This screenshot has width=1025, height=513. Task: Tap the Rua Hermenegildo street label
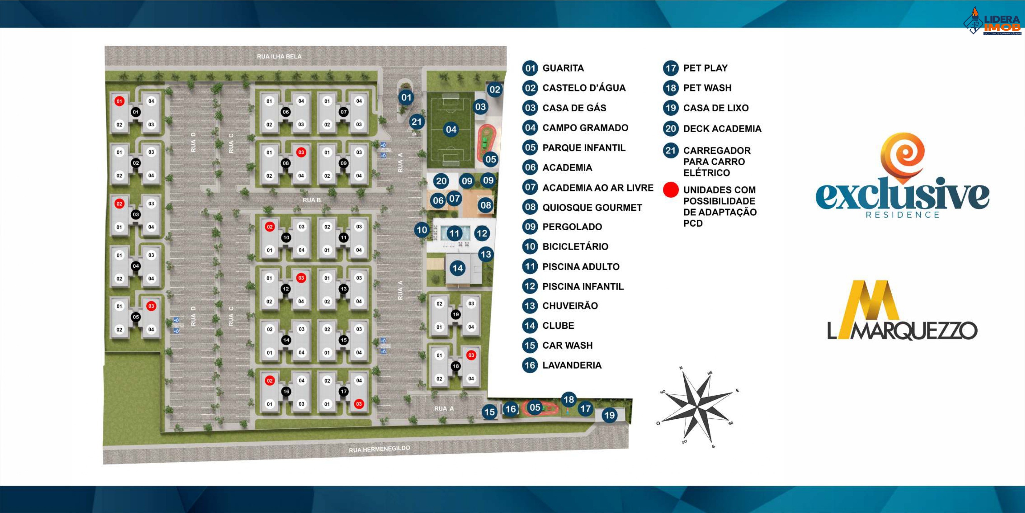click(379, 449)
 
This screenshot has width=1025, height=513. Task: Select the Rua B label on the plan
click(311, 200)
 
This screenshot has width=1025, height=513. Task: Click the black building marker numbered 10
click(286, 238)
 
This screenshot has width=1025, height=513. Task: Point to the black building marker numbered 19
click(456, 315)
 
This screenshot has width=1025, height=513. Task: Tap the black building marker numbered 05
click(136, 317)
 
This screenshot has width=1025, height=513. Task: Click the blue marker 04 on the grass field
click(451, 129)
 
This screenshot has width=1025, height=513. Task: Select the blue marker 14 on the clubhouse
click(457, 268)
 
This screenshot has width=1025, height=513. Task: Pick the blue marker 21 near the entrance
click(416, 122)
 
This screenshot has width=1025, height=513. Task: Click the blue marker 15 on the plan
click(489, 412)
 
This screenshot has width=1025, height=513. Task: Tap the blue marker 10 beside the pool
click(422, 230)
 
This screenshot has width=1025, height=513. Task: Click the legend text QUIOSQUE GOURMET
click(592, 207)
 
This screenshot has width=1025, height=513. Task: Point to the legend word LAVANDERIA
click(572, 365)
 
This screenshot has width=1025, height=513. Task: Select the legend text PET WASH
click(707, 88)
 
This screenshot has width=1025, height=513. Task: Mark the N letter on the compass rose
click(681, 368)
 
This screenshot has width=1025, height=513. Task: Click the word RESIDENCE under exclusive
click(902, 215)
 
